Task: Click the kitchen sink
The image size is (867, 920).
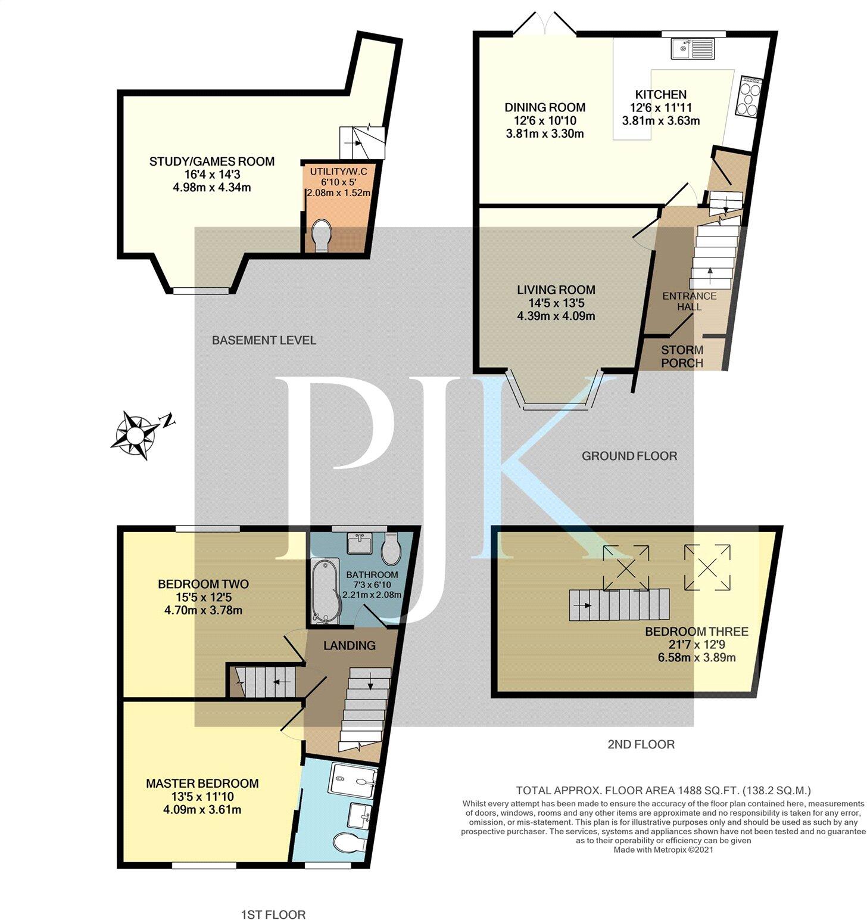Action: point(693,48)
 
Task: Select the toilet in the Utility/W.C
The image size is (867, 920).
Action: point(322,235)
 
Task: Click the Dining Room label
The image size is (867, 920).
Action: point(545,108)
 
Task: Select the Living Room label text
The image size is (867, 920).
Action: point(556,290)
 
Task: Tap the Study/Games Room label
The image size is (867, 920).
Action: point(211,161)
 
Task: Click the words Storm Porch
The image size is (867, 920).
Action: point(682,356)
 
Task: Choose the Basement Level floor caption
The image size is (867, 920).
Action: point(264,340)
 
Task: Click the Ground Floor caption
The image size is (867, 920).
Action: point(629,456)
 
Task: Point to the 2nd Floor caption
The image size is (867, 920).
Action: point(641,744)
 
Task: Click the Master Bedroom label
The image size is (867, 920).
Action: point(202,784)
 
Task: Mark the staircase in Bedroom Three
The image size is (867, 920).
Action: point(619,605)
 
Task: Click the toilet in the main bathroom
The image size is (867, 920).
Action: point(391,549)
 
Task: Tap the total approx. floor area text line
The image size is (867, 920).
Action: point(663,791)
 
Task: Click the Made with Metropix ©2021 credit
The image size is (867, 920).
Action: point(663,850)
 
